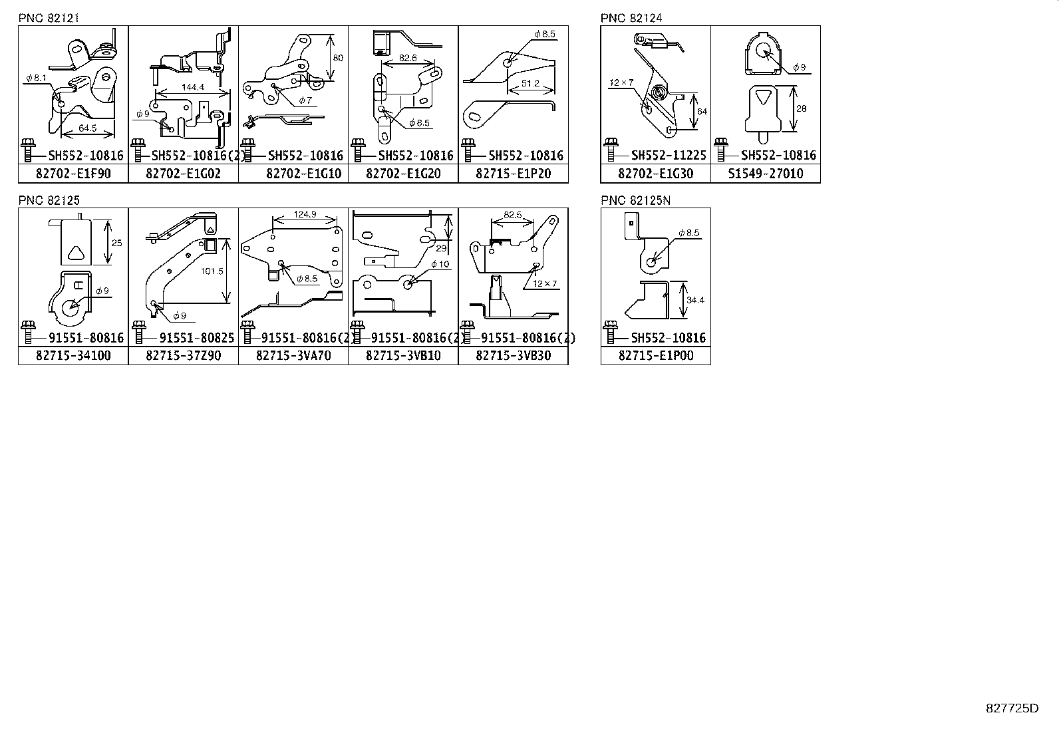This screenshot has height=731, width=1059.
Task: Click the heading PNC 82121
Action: [x=49, y=18]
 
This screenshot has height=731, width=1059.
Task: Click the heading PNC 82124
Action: [x=631, y=18]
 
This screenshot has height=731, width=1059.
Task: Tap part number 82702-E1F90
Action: [x=73, y=174]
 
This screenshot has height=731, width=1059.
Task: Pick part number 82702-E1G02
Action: [x=183, y=174]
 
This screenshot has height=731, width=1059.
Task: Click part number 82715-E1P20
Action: [x=513, y=174]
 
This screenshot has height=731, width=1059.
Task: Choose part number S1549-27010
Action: [x=765, y=174]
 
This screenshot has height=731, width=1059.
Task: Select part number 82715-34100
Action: [x=73, y=356]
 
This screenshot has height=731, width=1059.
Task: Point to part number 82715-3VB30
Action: [x=513, y=356]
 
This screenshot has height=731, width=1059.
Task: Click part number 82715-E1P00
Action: [x=655, y=356]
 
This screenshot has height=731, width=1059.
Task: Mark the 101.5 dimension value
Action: [x=211, y=271]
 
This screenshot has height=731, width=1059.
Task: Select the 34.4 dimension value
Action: [x=695, y=300]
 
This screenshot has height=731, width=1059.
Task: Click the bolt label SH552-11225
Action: [x=668, y=156]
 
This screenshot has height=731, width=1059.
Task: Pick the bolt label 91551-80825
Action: [x=196, y=338]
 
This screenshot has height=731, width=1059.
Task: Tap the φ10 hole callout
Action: [x=440, y=264]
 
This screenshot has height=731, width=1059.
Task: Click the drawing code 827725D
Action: [x=1011, y=708]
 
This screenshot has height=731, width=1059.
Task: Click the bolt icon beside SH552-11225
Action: [x=610, y=150]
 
